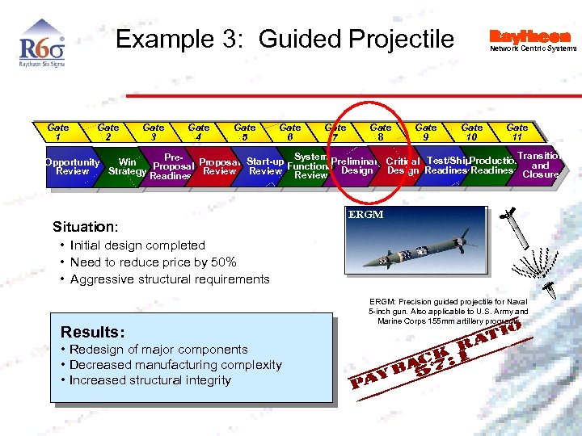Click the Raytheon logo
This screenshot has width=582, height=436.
tap(529, 36)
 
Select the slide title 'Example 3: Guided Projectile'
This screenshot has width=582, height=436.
tap(285, 39)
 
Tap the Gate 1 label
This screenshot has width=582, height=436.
tap(58, 132)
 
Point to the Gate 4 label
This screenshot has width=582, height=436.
tap(199, 132)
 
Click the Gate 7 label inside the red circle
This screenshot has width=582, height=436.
tap(335, 132)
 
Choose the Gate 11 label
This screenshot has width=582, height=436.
tap(517, 132)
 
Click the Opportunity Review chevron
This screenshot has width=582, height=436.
tap(72, 166)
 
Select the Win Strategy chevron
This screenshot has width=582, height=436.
tap(127, 166)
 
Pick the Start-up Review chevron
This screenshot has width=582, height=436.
tap(266, 166)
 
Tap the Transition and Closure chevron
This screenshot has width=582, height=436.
tap(540, 166)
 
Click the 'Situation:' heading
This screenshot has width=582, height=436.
tap(85, 227)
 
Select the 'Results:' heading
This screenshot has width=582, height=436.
tap(93, 332)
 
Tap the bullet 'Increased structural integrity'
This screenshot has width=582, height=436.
tap(150, 380)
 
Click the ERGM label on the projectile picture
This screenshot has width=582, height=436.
tap(365, 215)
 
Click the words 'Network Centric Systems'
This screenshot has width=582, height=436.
tap(533, 48)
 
